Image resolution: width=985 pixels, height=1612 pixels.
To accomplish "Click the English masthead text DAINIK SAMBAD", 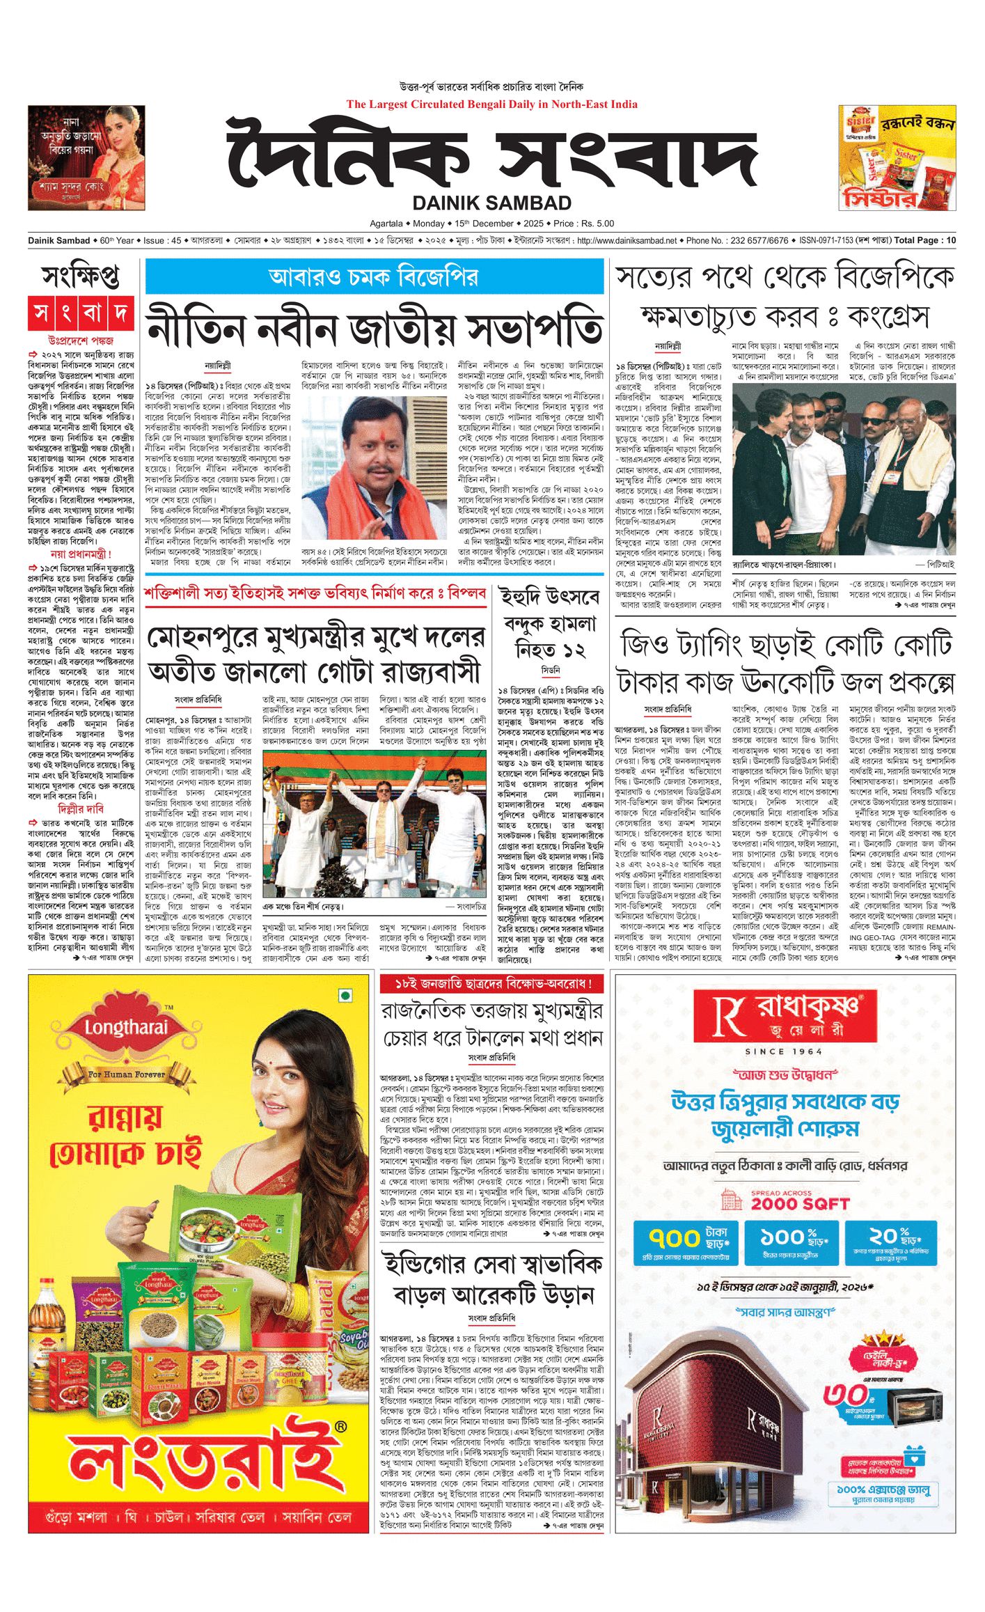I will [x=491, y=203].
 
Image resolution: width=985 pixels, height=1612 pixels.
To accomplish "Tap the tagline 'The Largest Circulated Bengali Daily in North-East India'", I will [x=491, y=104].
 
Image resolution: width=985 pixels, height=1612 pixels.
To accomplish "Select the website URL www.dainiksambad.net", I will [x=627, y=241].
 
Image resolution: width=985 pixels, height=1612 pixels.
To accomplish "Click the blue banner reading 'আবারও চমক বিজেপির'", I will [x=374, y=277].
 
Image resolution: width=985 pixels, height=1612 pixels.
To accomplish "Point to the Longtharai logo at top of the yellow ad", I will [x=127, y=1027].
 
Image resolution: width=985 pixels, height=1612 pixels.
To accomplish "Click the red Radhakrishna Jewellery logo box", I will [x=785, y=1015].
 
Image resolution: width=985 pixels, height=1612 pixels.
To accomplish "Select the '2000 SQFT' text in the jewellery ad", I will [x=801, y=1203].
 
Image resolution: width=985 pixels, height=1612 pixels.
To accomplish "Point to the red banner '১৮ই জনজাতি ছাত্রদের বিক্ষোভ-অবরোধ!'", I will [x=492, y=984].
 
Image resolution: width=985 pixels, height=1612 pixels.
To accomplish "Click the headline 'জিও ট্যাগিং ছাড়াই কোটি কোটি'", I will [x=785, y=645].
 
